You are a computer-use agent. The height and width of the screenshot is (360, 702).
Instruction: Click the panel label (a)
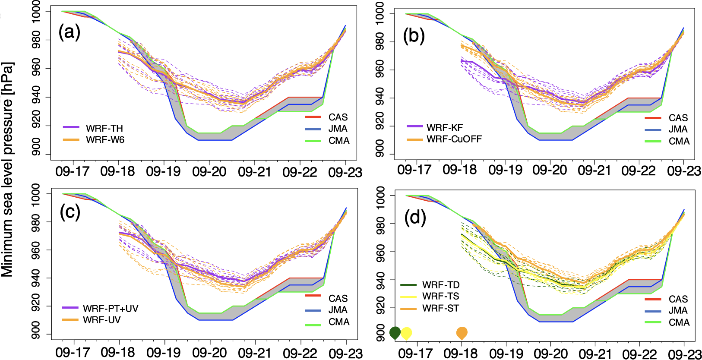coord(70,32)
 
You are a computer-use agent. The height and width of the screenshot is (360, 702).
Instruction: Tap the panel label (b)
coord(414,35)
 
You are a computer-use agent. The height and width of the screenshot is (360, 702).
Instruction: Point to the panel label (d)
coord(415,218)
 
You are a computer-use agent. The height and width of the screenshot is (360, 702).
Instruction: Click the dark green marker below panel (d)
coord(395,333)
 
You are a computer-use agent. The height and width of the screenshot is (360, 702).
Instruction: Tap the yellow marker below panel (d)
coord(406,333)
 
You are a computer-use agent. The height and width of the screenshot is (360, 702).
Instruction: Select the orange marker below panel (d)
coord(462,333)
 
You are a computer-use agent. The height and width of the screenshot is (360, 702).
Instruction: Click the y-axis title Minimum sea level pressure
coord(7,169)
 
